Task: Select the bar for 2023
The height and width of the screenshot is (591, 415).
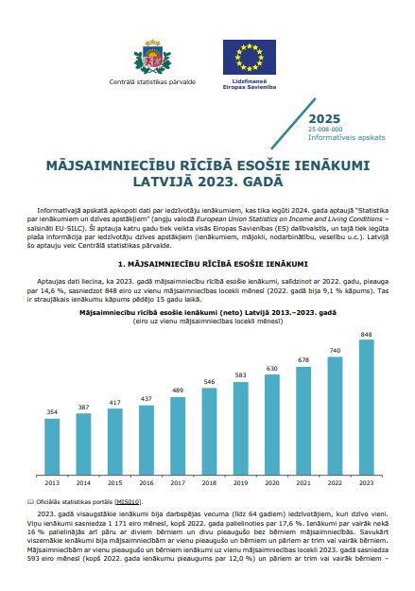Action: point(367,408)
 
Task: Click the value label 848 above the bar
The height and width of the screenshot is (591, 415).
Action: point(367,334)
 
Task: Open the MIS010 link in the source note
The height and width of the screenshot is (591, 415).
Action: point(129,501)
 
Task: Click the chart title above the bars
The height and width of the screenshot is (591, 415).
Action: point(207,310)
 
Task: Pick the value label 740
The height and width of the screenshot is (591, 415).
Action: point(335,351)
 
